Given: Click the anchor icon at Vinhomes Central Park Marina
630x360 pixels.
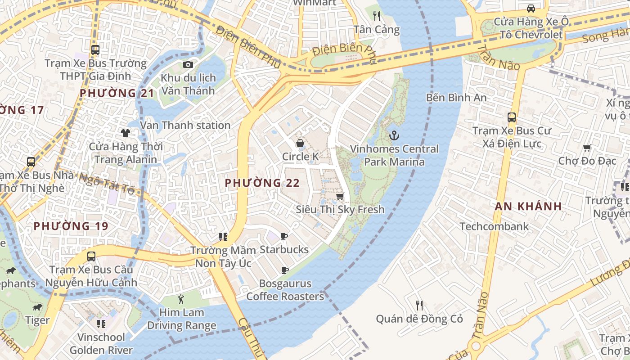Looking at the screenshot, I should pos(394,135).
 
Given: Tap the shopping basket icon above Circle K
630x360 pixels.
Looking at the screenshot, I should pos(300,143).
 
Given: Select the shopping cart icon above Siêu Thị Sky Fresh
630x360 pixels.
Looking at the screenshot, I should pos(340,196).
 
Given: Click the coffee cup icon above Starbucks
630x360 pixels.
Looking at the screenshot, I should pos(284,236).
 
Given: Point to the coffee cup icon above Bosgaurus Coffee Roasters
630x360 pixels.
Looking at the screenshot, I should pos(284,270).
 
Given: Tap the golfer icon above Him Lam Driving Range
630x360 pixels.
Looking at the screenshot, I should pos(181,299).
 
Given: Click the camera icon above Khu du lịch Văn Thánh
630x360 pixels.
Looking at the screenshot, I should pos(188,65).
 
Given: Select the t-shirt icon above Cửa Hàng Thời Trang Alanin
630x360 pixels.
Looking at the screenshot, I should pos(125,133).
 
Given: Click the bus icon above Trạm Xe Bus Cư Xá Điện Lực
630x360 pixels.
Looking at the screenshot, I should pos(512,117).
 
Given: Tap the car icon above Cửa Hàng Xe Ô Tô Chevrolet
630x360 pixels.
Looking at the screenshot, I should pos(531,8).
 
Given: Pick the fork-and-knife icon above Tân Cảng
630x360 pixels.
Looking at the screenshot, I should pos(377,16).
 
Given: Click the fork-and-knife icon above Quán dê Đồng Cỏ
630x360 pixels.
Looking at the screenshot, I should pos(419,306).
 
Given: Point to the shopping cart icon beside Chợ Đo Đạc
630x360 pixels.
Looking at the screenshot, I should pos(587,148).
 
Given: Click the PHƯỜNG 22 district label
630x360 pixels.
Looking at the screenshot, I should pos(262,183).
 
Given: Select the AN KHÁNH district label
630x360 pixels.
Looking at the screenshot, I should pos(528,207).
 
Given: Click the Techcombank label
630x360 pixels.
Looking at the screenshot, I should pos(494,226).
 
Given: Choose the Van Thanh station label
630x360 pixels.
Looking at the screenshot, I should pos(185,126).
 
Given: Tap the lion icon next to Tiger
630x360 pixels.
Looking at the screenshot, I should pos(37,307).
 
